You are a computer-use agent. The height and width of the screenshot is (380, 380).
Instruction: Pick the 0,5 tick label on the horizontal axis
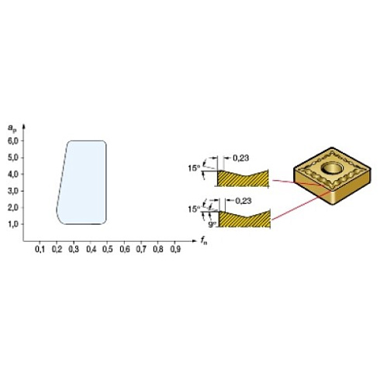(x=107, y=251)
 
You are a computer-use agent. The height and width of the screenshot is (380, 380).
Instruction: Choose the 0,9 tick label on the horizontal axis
(x=175, y=251)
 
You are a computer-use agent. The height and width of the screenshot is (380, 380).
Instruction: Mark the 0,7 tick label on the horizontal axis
(x=141, y=251)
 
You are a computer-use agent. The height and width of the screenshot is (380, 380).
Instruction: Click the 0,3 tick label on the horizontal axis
(x=74, y=251)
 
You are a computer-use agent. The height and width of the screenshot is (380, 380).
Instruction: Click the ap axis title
(x=12, y=126)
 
